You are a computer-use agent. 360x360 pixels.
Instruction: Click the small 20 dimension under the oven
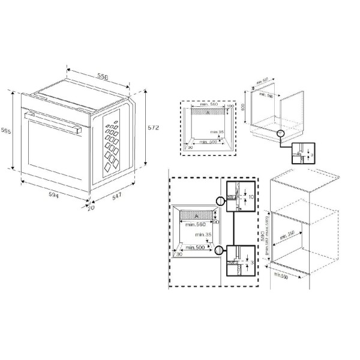pos(91,208)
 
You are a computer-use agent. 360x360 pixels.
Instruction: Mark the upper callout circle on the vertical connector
pos(223,202)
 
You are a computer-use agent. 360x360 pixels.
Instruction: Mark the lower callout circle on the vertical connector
pos(223,251)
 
